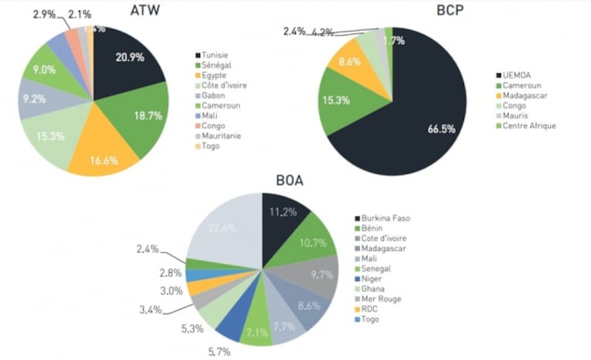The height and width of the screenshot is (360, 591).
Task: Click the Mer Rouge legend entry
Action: [380, 298]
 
